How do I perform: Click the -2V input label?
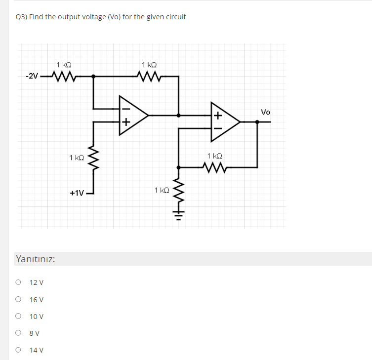tap(32, 76)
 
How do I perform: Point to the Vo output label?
tap(265, 112)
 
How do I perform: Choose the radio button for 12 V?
tap(18, 282)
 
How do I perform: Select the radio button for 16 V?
tap(18, 299)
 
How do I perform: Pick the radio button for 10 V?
tap(18, 316)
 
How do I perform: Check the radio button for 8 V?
tap(18, 333)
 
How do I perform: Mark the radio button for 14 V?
tap(18, 350)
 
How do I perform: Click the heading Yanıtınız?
tap(35, 259)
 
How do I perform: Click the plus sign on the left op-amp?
tap(125, 121)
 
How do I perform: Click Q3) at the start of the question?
tap(21, 17)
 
